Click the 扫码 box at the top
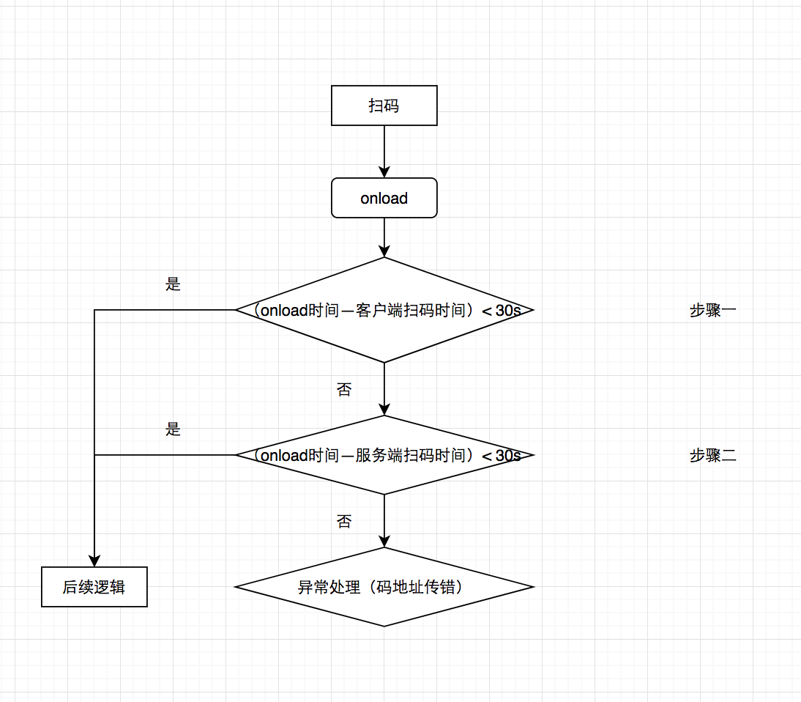point(384,106)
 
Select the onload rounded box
point(384,198)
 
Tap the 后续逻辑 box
point(94,587)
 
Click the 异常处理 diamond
point(384,587)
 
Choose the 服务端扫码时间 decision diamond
point(384,476)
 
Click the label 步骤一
point(712,310)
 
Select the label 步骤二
point(712,456)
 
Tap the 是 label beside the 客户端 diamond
point(173,284)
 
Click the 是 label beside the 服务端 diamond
point(173,429)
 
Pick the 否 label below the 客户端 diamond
point(344,390)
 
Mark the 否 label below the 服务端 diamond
point(344,522)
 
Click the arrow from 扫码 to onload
point(384,151)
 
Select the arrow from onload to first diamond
point(384,236)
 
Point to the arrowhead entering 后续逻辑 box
point(94,561)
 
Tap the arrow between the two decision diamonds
point(384,388)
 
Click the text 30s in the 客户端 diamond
point(508,310)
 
